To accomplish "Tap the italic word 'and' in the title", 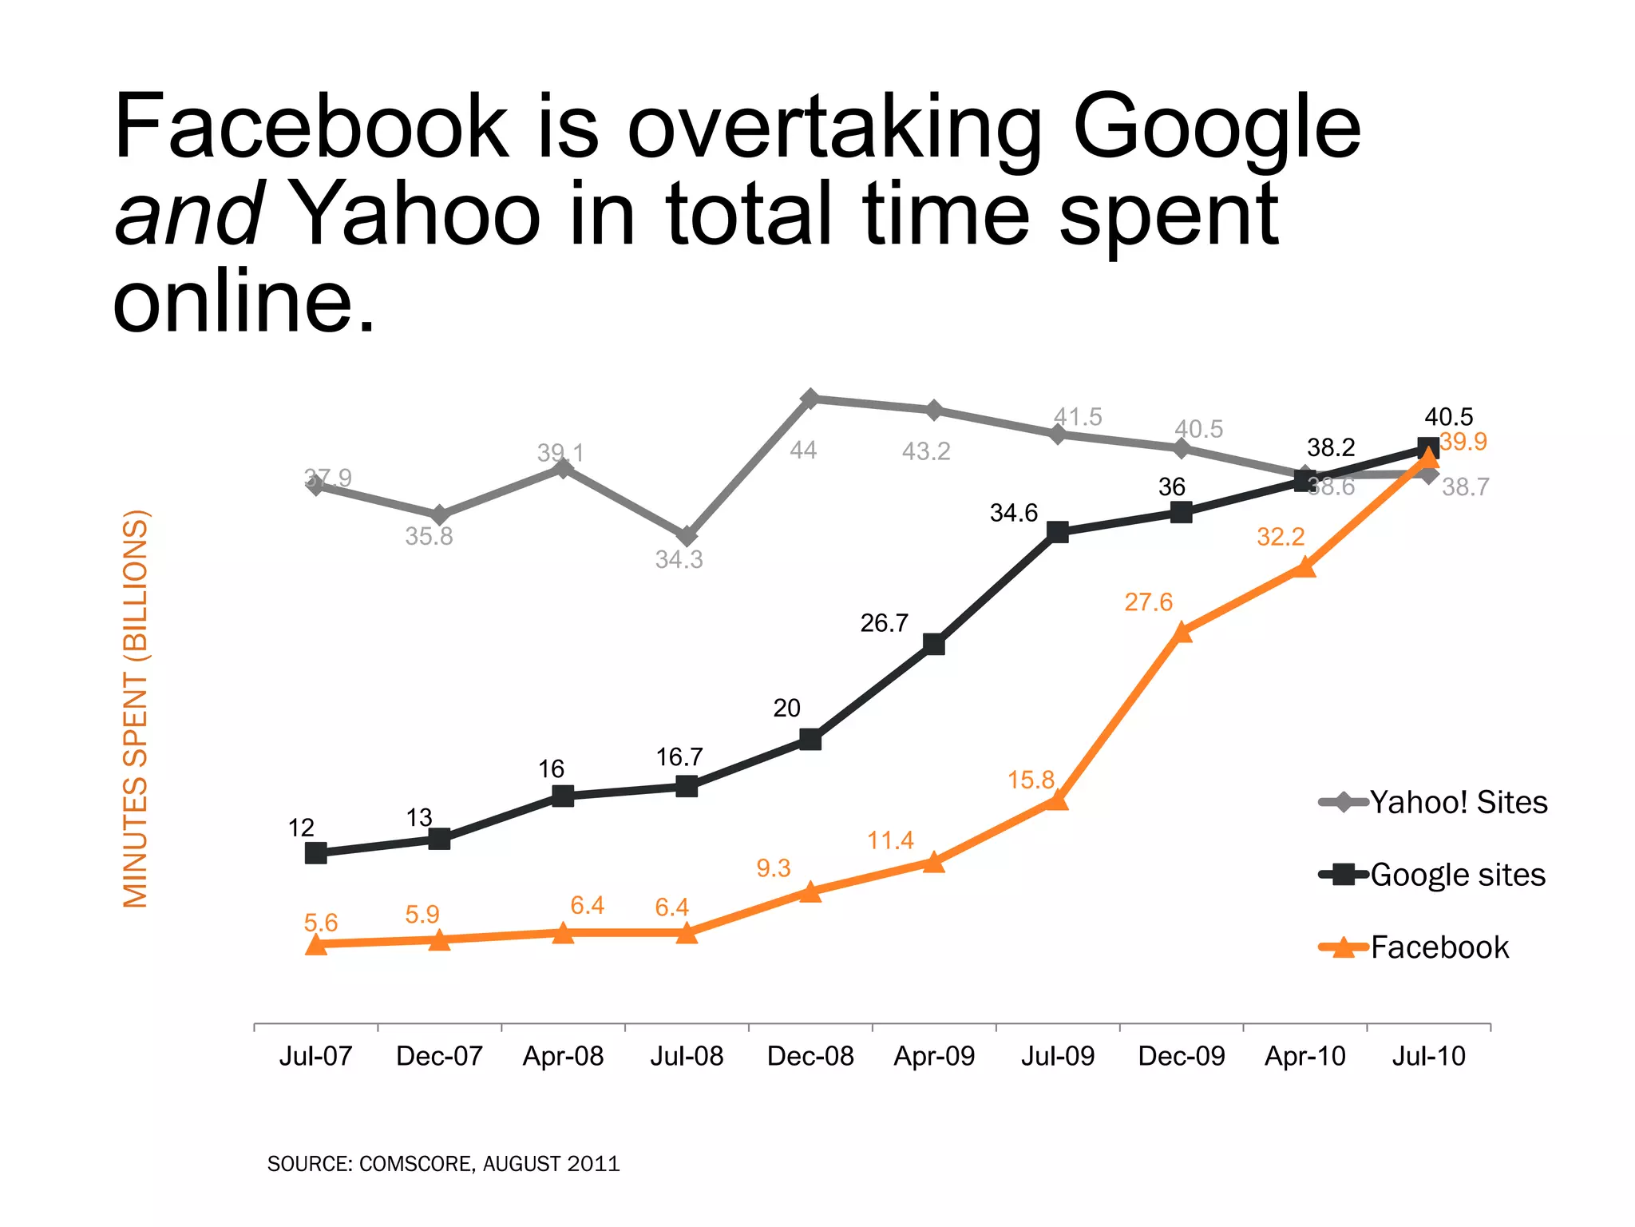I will [x=188, y=214].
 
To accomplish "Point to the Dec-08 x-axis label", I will [x=810, y=1056].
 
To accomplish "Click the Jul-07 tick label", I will [x=315, y=1056].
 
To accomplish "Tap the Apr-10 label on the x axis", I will [x=1305, y=1056].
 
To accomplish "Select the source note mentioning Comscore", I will [x=443, y=1164].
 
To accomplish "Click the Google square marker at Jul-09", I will [x=1058, y=532].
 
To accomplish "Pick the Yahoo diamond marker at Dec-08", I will [x=810, y=398].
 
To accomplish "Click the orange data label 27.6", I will [x=1148, y=602].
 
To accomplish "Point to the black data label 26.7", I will [x=884, y=622].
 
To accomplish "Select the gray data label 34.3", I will [x=679, y=559].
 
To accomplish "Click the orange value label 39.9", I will [x=1463, y=442].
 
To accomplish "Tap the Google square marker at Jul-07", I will [x=316, y=853].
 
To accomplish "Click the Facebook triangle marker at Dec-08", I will [x=810, y=891].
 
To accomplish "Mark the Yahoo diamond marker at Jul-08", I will [x=687, y=536].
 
